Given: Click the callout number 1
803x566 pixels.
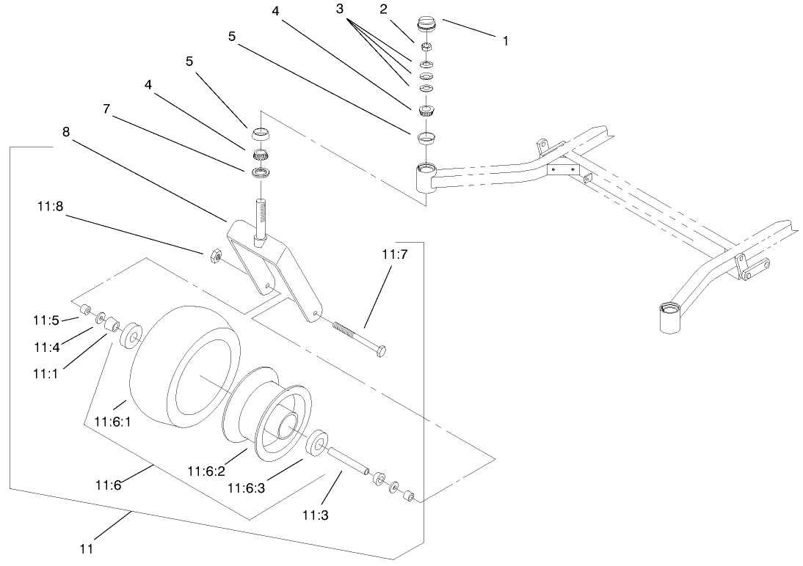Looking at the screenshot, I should [505, 41].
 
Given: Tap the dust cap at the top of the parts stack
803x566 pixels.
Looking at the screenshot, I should [426, 23].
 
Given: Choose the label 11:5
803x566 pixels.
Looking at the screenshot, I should [45, 320].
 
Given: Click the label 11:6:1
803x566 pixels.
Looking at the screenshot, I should [112, 422].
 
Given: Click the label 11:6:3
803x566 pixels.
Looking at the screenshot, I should [245, 488].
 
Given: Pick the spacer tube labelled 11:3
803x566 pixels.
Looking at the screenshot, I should [346, 461].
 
